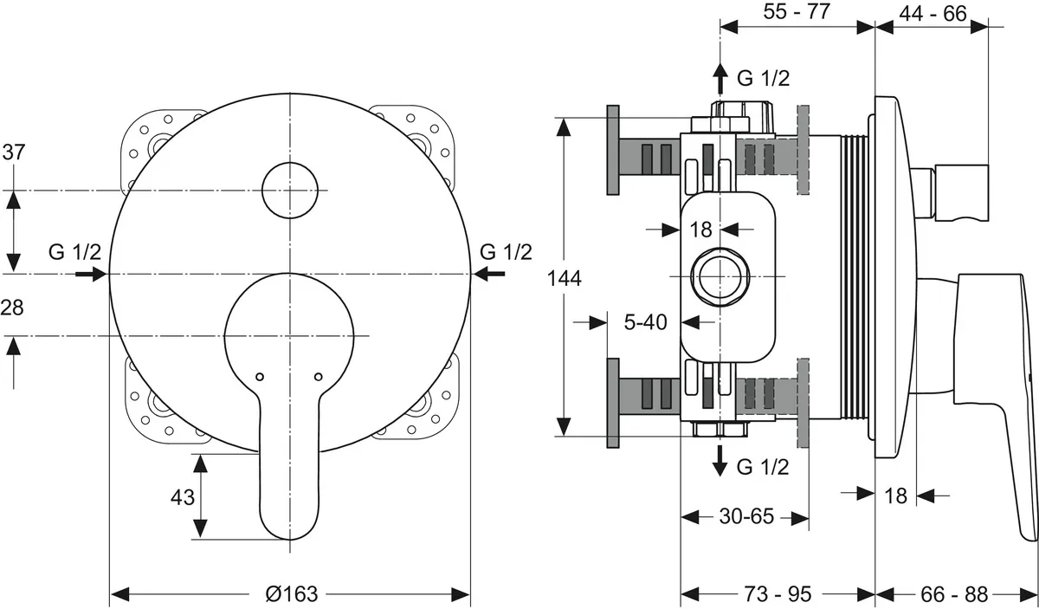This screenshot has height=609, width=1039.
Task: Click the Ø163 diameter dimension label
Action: [x=292, y=594]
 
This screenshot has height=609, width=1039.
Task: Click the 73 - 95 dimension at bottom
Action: [x=778, y=594]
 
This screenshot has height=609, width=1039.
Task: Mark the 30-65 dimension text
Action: [x=745, y=517]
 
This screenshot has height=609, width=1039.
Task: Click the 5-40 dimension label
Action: [x=646, y=322]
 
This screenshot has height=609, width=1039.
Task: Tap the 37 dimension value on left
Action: [x=14, y=152]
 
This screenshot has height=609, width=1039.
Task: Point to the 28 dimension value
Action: [x=14, y=308]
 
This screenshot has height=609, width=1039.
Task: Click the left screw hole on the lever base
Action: [x=259, y=377]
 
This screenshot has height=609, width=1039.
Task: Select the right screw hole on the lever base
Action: [x=318, y=377]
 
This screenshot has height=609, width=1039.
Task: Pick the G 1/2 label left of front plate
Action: [x=74, y=252]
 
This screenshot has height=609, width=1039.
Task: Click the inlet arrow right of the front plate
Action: [x=489, y=274]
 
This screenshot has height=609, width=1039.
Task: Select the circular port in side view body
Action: [x=719, y=276]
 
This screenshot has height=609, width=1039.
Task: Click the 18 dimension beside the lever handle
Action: [x=896, y=496]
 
